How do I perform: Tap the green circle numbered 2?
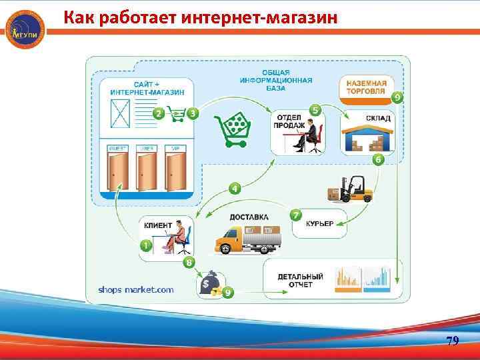pos(159,113)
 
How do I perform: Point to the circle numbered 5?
pos(315,110)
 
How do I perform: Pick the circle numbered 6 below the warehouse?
pos(378,159)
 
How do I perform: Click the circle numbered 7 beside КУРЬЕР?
pos(296,216)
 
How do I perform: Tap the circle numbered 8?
pos(189,263)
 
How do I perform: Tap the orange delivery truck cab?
pos(229,240)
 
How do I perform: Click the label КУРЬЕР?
pos(319,223)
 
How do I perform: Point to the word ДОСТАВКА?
pos(249,217)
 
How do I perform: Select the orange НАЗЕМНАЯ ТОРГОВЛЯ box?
pos(367,87)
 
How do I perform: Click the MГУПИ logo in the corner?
pos(25,30)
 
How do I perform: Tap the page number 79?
pos(452,341)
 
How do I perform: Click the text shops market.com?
pos(136,289)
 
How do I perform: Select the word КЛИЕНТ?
pos(158,225)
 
